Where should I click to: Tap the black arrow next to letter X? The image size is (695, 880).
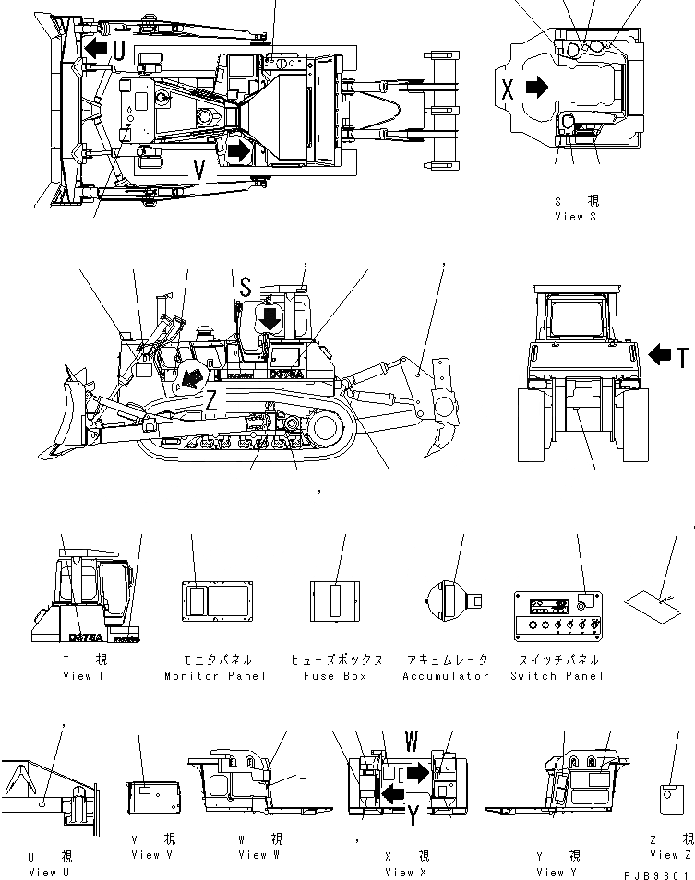click(536, 88)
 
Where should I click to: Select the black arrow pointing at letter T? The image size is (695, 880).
click(661, 354)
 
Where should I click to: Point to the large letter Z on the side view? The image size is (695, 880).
click(211, 401)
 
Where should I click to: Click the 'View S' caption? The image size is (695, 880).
click(575, 216)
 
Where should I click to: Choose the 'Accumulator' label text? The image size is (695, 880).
click(445, 675)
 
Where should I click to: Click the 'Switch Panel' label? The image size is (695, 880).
click(557, 675)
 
